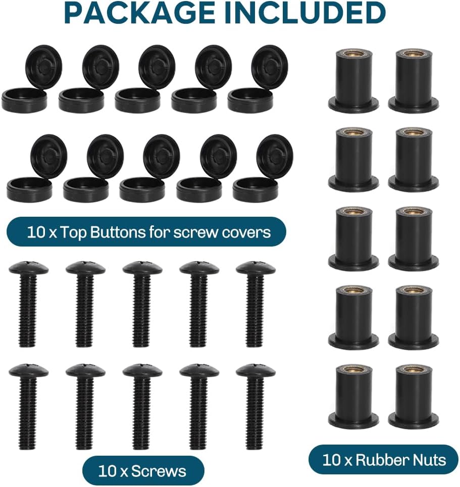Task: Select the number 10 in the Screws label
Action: pos(107,471)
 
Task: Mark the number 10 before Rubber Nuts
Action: pos(331,460)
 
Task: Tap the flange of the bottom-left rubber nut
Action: pos(353,420)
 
